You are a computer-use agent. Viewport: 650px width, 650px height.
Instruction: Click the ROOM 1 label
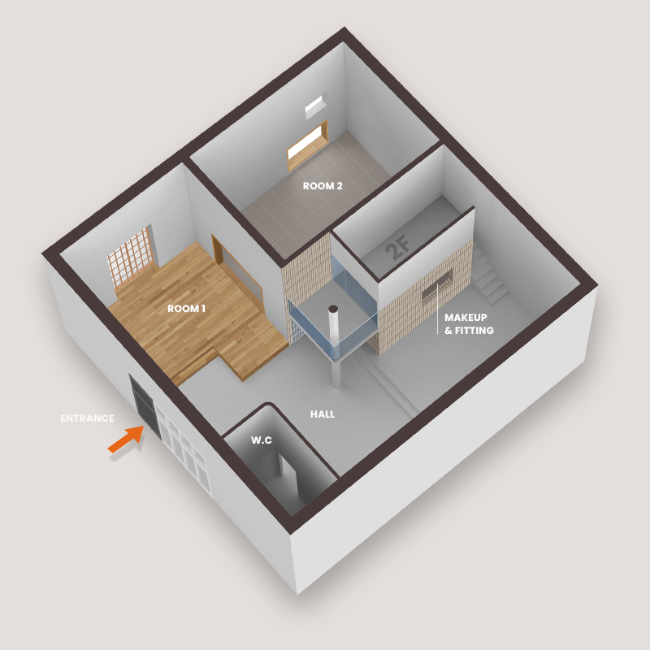point(188,309)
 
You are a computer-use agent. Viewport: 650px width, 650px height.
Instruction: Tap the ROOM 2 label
point(323,186)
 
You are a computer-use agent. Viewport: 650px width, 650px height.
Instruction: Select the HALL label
point(323,414)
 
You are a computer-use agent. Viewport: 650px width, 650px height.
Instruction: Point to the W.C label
point(260,440)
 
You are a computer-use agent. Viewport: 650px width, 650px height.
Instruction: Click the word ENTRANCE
point(87,419)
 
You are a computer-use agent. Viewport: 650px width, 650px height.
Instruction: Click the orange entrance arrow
point(124,441)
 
